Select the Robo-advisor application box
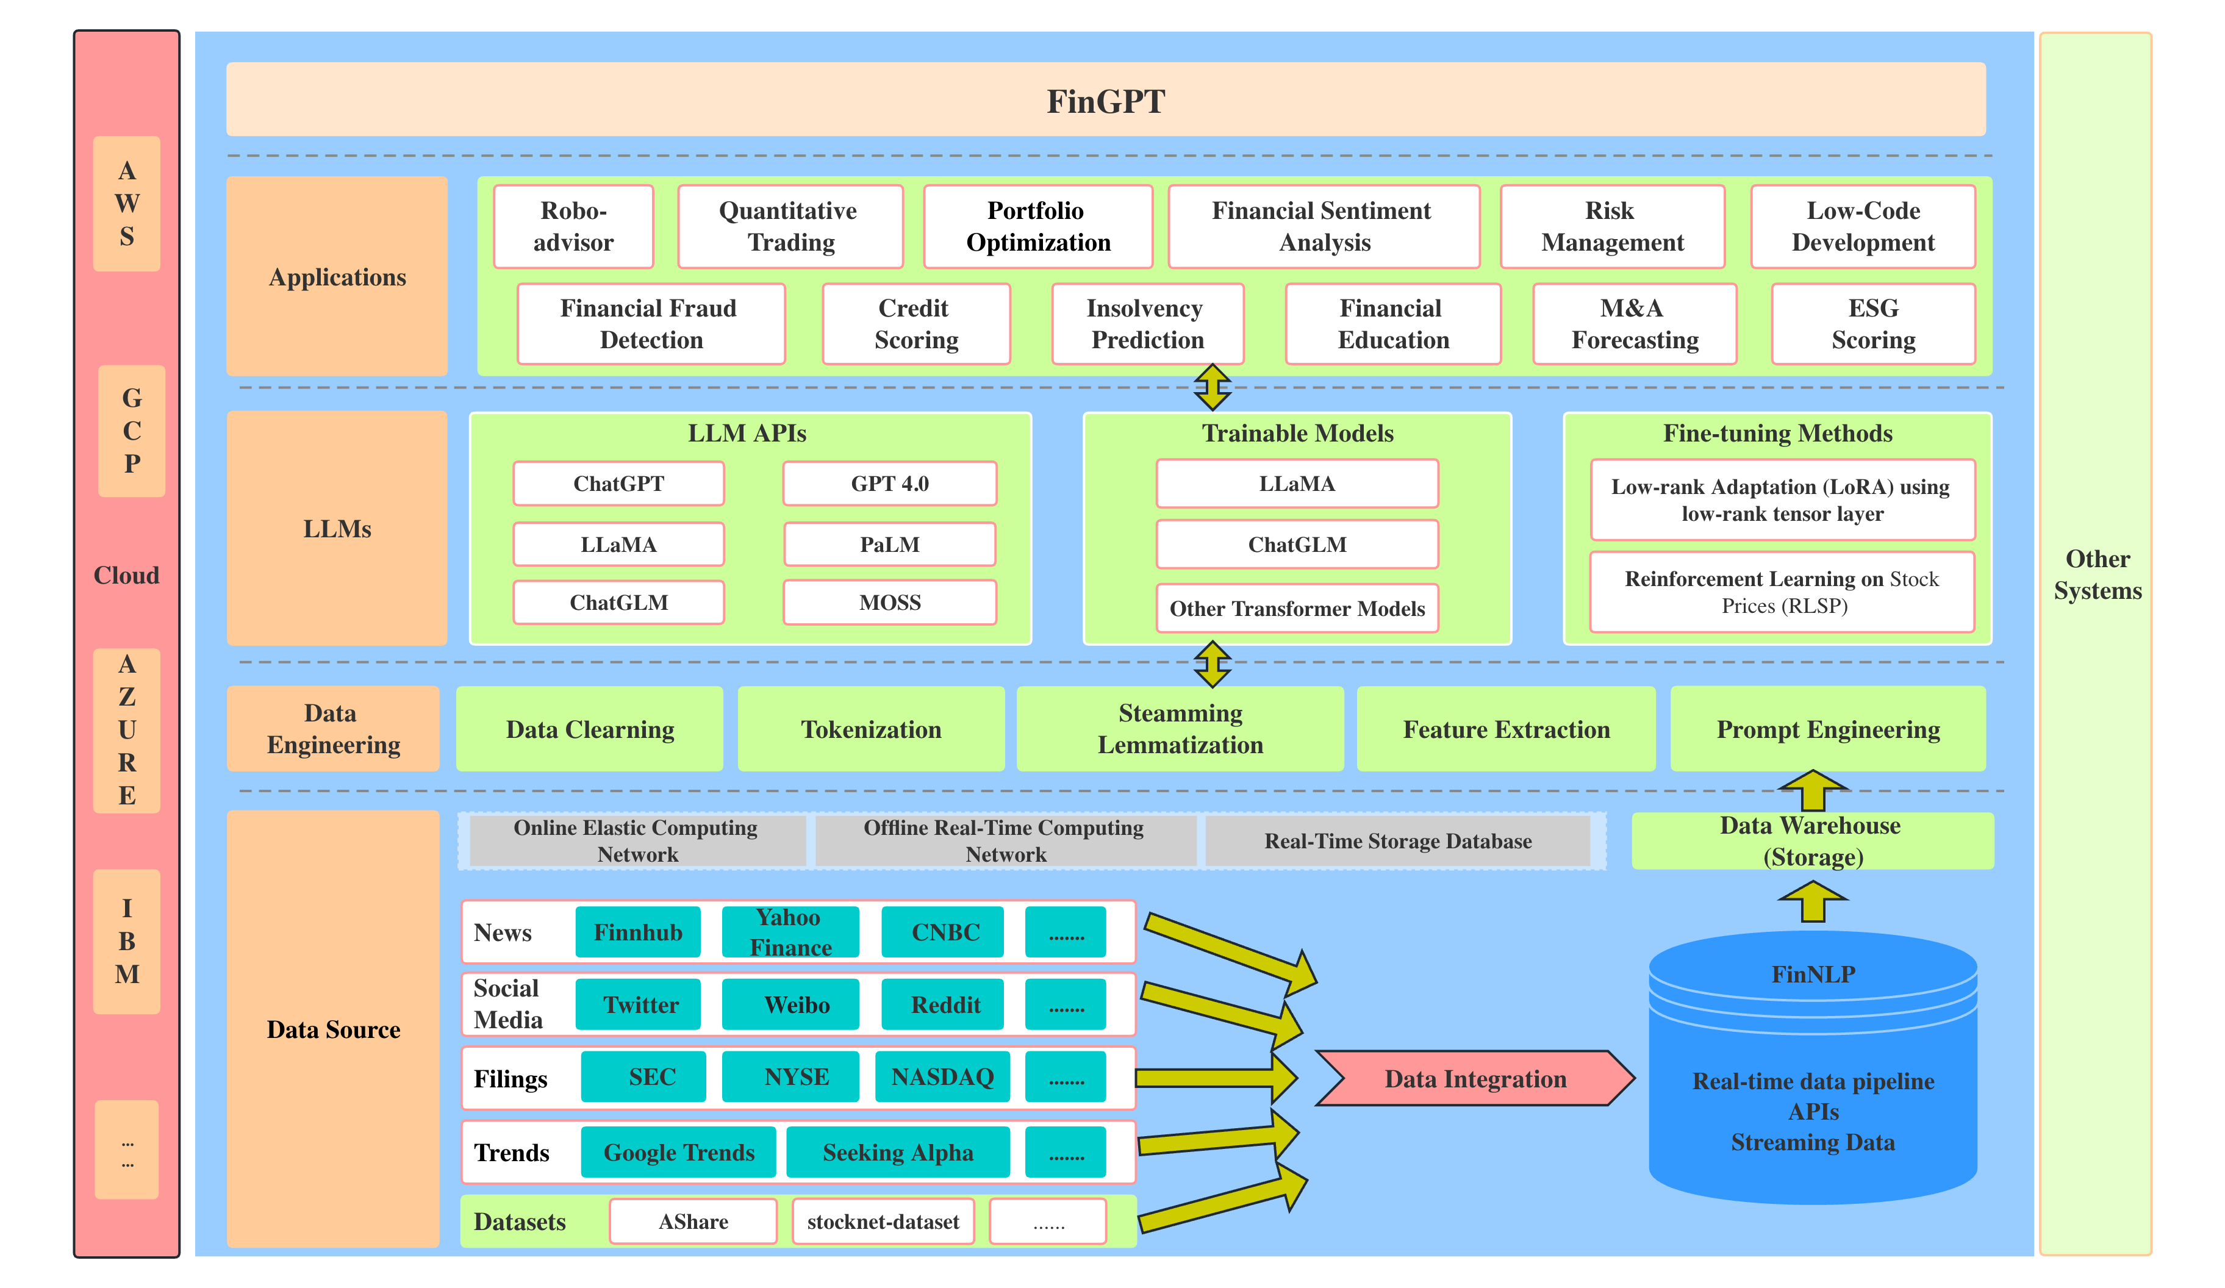573,226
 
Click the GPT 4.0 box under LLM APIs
889,483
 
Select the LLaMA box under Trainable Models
1297,483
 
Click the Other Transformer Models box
1297,608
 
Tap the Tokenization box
870,729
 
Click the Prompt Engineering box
1828,729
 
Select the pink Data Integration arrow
1475,1078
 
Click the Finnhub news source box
637,932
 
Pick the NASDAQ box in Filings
942,1077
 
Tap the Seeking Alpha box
898,1152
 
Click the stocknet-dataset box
883,1222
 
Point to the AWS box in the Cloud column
127,203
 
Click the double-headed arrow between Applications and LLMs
1213,387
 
